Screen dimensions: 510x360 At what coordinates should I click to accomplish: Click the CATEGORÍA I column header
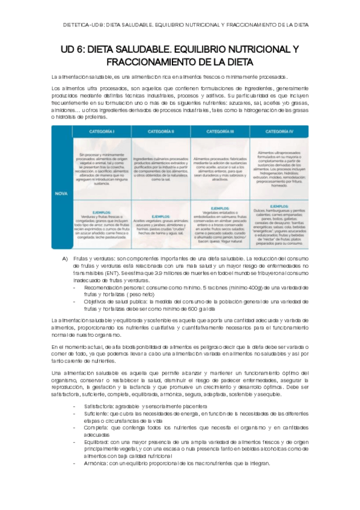(x=100, y=131)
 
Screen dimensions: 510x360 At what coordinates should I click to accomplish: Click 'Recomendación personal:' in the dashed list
(x=107, y=287)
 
